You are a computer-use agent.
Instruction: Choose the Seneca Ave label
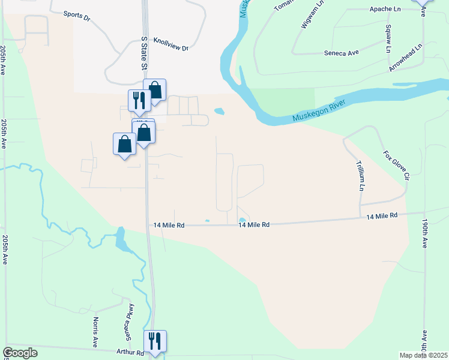point(341,53)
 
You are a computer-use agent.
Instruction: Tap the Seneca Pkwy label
point(128,322)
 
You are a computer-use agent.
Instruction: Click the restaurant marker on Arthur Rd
point(155,341)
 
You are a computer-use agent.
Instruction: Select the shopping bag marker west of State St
point(124,144)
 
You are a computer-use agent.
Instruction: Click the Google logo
point(20,353)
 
